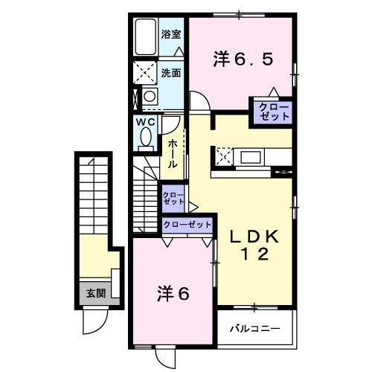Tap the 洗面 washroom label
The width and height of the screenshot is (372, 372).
tap(170, 73)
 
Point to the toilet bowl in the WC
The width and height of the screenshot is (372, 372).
tap(145, 138)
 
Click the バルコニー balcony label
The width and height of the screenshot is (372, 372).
tap(254, 328)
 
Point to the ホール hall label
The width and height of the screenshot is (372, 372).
tap(173, 153)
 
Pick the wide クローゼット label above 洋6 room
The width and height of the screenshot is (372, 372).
tap(187, 224)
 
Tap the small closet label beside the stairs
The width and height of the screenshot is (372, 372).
tap(173, 197)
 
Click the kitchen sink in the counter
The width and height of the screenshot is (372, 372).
tap(250, 157)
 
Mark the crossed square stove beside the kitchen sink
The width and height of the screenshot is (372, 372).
tap(223, 156)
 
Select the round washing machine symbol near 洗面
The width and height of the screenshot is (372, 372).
tap(150, 97)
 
